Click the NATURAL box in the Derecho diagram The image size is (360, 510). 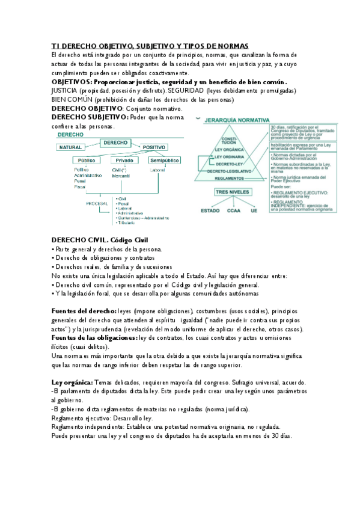70,147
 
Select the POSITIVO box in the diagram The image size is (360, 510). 154,147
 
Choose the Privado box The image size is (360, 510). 124,161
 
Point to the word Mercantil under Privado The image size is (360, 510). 121,176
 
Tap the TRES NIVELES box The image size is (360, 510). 228,192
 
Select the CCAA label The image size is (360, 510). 234,210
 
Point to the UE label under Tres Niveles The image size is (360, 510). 254,210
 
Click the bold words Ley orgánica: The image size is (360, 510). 72,382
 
